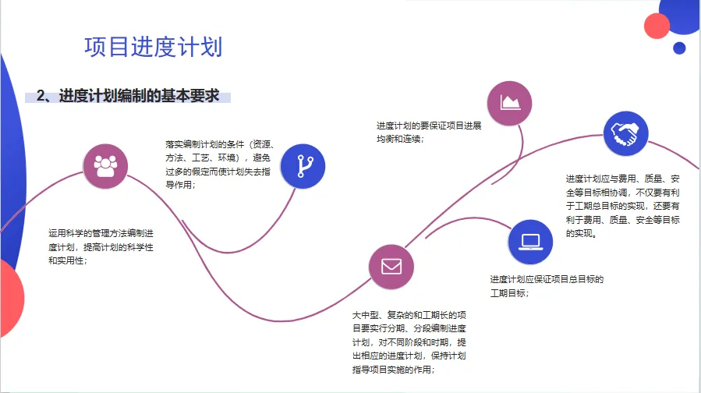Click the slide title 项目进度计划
[153, 47]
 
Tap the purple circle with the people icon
[105, 165]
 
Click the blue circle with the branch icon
[303, 165]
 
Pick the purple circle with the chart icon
[509, 102]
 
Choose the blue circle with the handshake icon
[625, 134]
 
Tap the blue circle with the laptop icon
[530, 241]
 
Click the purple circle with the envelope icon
[391, 266]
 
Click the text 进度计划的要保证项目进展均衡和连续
[428, 132]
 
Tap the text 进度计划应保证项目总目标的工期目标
[547, 286]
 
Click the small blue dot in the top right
[679, 48]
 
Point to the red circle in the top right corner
[657, 26]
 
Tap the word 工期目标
[509, 293]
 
